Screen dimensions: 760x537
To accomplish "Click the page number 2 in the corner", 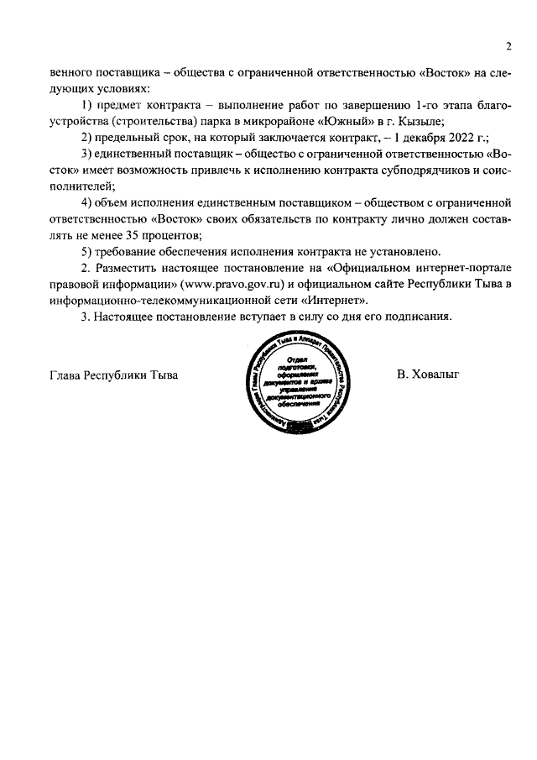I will [508, 45].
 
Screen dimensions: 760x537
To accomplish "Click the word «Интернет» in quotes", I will [334, 300].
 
